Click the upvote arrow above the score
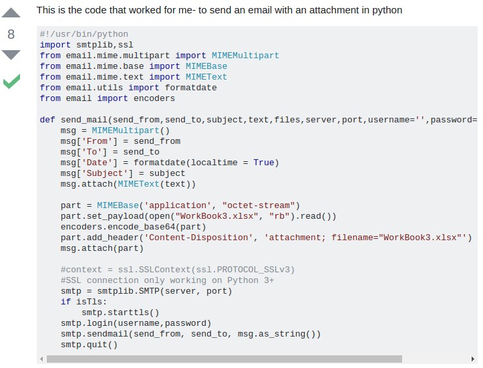click(11, 12)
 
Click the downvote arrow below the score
click(11, 55)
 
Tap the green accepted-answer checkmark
click(11, 81)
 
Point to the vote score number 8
click(11, 34)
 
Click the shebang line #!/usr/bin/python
click(84, 34)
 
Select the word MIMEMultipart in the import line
click(245, 56)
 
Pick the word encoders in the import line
click(154, 98)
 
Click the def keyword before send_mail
click(47, 120)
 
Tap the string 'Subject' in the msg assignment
click(102, 173)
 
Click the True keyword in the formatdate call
click(264, 163)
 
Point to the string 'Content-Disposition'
click(198, 238)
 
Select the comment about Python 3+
click(167, 280)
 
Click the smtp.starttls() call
click(120, 312)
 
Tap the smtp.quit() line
click(89, 345)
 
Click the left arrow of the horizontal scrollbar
click(42, 359)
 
